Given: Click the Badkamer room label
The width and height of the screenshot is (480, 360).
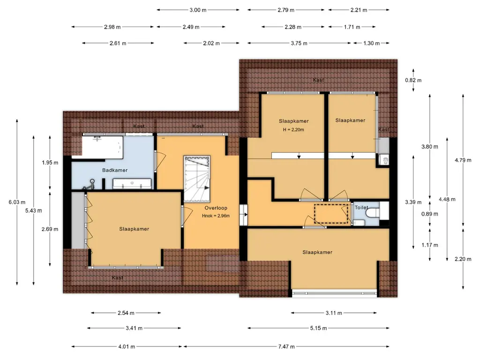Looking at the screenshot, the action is pos(115,170).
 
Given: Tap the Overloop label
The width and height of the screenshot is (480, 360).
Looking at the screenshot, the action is pos(216,208).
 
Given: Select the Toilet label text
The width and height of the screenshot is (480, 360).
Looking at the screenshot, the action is pos(361,208).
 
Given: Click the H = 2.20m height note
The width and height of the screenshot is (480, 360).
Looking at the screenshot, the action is pos(293,129).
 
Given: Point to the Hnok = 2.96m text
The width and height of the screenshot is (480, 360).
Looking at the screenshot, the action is pos(216,216).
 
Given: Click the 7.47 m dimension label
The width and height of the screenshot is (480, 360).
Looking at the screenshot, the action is pos(286,346).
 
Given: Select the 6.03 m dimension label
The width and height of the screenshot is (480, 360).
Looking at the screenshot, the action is pos(17,202).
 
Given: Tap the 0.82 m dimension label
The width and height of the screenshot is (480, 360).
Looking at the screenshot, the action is pos(413,80).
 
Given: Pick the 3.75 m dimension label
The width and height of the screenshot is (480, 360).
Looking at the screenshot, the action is pos(299,43).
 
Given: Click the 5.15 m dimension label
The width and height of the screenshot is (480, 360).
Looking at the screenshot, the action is pos(318,328).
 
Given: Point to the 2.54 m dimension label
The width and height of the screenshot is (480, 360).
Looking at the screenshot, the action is pos(126,313).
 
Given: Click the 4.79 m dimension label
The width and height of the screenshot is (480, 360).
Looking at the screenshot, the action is pos(463,160).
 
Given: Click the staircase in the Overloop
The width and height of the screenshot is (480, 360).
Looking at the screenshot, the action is pos(197,179).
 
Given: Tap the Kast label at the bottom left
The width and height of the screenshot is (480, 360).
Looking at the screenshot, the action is pos(117,277).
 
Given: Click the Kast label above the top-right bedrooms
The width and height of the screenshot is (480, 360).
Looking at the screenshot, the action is pos(318,80).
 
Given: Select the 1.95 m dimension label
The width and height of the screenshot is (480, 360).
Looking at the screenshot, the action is pos(50,163).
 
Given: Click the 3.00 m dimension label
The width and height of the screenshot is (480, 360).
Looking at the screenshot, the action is pos(198,10).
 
